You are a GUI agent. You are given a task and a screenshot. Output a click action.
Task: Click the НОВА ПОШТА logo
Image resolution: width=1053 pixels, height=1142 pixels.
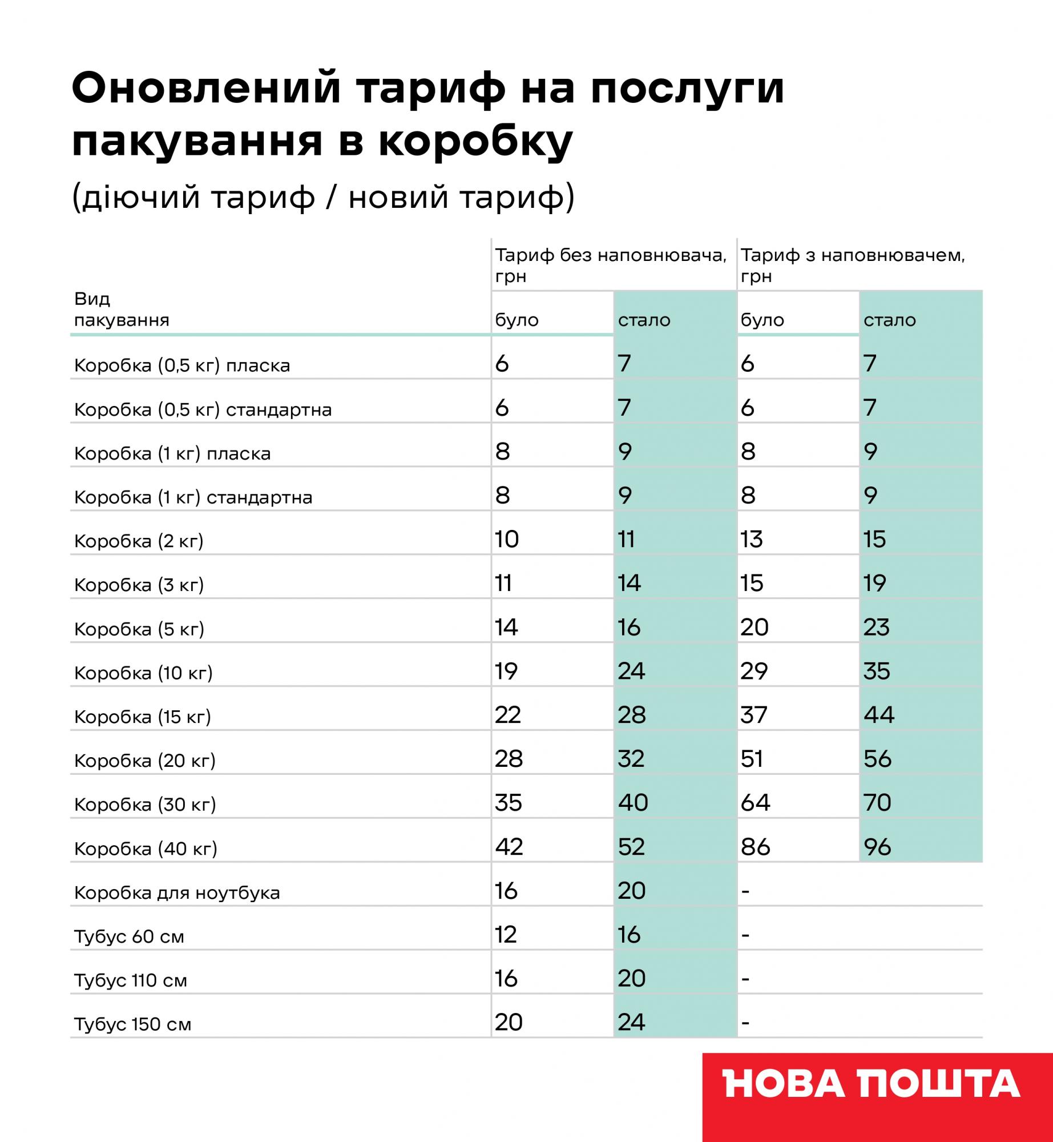point(872,1083)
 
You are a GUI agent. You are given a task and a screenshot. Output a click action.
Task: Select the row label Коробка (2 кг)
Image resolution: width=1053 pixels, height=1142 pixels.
point(139,541)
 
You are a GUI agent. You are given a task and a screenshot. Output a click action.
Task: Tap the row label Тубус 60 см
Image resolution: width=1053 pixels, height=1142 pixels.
point(129,936)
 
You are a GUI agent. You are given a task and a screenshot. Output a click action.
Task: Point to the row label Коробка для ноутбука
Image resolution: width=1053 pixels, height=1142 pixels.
point(177,892)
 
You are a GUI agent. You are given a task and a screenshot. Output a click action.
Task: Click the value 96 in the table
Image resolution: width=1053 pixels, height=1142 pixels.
point(877,847)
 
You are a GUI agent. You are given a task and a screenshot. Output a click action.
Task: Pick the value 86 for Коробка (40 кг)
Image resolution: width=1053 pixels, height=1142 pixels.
point(755,847)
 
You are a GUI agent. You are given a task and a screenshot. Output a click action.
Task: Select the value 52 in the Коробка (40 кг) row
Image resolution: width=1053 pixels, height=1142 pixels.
point(631,847)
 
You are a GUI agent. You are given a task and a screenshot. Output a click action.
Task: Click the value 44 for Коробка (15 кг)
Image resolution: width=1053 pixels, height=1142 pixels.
point(879,715)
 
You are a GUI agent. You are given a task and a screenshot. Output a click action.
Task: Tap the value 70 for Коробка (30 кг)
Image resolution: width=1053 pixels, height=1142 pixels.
point(877,803)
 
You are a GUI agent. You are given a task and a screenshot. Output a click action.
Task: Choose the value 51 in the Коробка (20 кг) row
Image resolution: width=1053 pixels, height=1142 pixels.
point(752,759)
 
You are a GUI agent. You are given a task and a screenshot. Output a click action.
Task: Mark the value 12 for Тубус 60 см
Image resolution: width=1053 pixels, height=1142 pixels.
point(506,935)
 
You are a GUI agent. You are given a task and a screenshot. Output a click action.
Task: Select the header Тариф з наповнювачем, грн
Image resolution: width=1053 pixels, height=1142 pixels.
point(853,266)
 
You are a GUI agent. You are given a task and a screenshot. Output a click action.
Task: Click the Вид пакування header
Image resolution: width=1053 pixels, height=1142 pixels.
point(122,309)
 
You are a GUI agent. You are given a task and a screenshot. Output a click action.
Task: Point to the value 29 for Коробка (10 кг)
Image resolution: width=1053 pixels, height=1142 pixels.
point(754,671)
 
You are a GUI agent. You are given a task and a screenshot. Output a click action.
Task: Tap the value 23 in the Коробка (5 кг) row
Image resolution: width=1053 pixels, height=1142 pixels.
point(877,628)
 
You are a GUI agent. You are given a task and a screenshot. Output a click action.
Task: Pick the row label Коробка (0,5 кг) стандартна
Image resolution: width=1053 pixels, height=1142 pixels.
point(203,410)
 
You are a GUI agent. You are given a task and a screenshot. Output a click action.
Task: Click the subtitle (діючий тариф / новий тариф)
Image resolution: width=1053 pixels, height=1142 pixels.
point(323,198)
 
